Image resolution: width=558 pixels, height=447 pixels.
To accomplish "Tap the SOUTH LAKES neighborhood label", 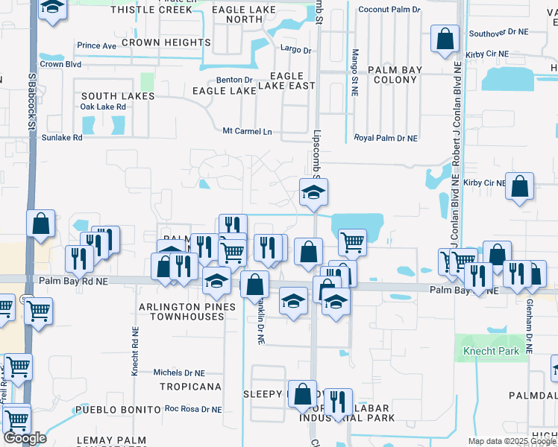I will click(x=118, y=96).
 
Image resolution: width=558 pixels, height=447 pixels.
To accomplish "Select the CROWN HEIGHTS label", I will click(x=166, y=43).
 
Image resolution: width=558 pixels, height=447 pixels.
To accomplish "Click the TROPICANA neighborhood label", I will click(x=190, y=387).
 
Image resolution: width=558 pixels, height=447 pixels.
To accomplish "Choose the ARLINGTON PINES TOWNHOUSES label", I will click(x=186, y=311).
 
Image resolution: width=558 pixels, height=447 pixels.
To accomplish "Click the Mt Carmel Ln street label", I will click(x=248, y=131).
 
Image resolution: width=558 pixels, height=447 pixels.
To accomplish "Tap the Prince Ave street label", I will click(x=96, y=45).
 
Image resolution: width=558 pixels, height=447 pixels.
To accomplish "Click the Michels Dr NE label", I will click(x=178, y=372).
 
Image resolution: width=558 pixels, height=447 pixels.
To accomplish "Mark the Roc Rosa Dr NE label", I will click(x=193, y=409).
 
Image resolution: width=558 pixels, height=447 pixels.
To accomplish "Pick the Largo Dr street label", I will click(x=296, y=50).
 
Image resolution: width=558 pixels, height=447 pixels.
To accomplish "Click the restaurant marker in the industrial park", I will click(x=338, y=402).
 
